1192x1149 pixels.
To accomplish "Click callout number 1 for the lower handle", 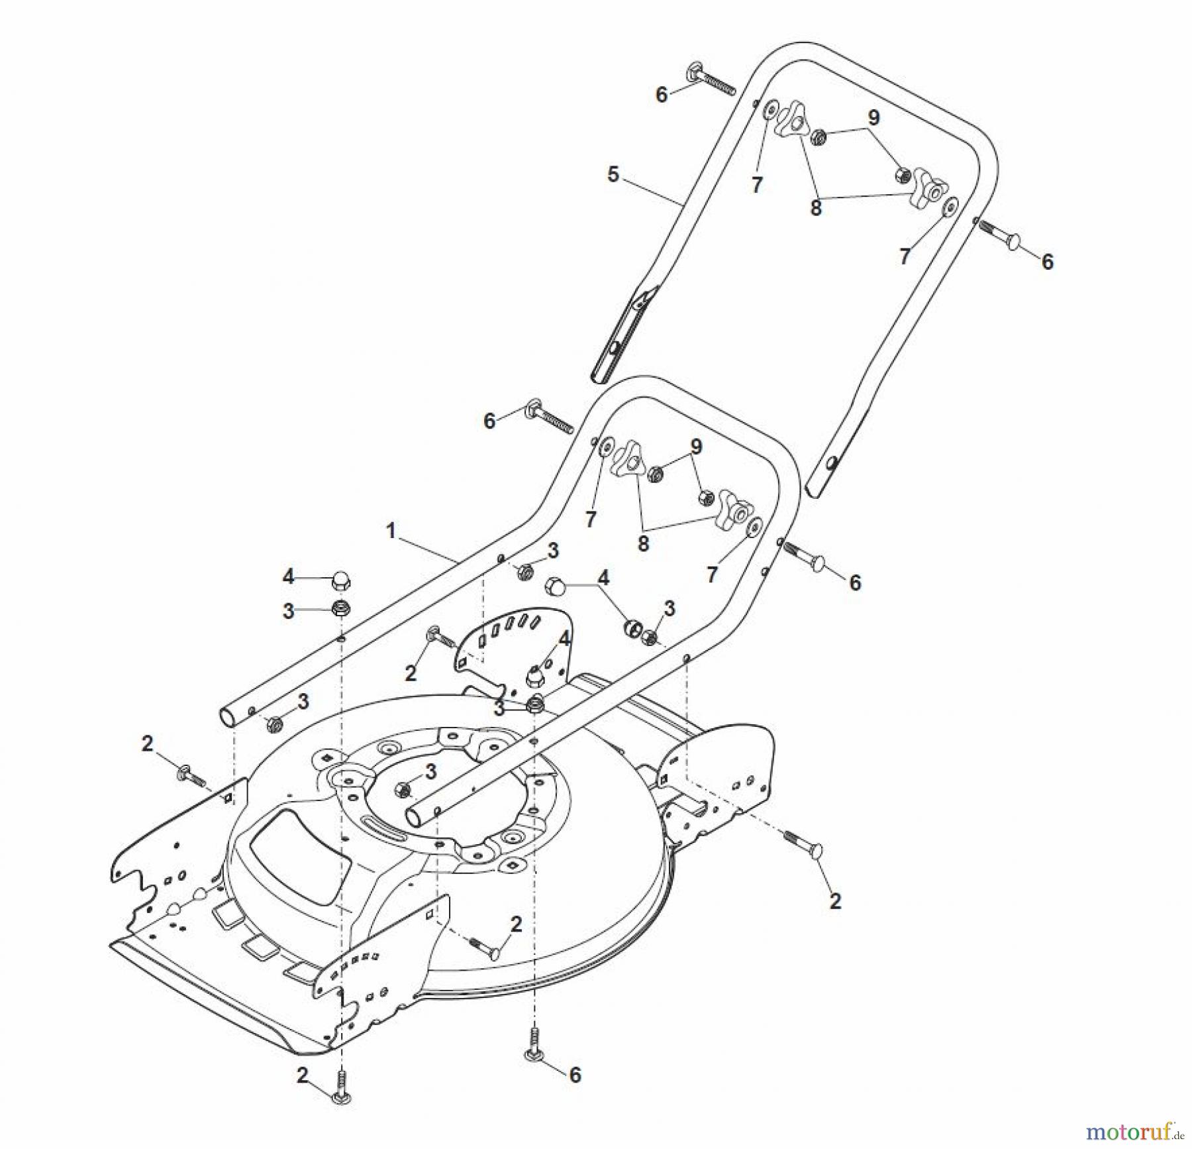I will coord(391,531).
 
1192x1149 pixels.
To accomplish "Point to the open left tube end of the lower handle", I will coord(228,717).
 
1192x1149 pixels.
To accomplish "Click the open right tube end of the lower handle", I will coord(415,817).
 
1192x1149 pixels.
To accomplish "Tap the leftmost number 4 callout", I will coord(288,576).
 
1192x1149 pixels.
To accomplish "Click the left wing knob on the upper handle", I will coord(791,122).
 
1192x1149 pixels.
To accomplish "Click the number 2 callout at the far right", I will coord(835,901).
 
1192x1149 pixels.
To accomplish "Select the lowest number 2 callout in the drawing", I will coord(303,1075).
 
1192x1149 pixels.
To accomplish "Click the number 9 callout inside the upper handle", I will coord(873,118).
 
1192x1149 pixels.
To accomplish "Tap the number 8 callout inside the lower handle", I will coord(643,543).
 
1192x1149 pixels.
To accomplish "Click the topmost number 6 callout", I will coord(661,95).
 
